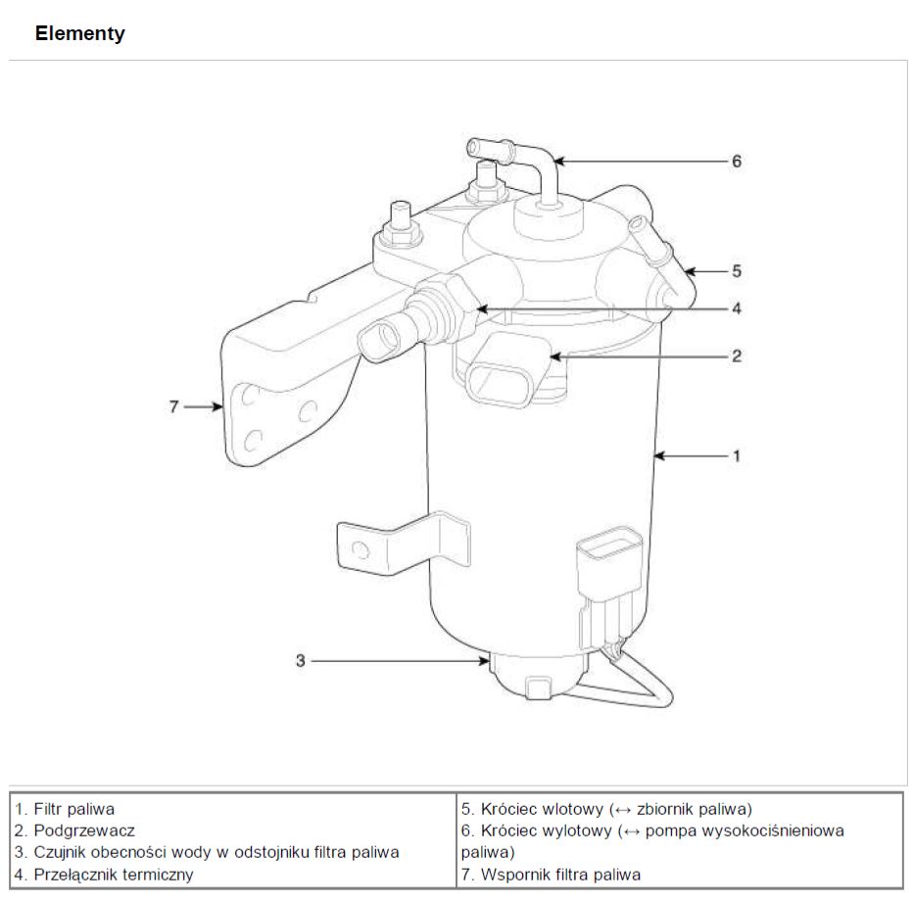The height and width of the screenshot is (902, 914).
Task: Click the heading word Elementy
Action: [80, 33]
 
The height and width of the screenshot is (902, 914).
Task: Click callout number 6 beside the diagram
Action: [737, 162]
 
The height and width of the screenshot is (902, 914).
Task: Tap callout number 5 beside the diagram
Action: [737, 271]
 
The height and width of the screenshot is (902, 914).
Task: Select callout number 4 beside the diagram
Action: [737, 309]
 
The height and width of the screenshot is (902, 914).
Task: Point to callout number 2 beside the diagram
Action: [737, 356]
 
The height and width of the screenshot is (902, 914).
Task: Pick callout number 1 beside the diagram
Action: [737, 455]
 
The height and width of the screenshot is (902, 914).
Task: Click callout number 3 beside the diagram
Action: [300, 661]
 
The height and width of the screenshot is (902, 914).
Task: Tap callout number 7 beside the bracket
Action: [173, 406]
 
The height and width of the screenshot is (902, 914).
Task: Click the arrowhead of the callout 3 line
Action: [484, 661]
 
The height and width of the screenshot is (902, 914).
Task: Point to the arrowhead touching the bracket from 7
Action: [217, 406]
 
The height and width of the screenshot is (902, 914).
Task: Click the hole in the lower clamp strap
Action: [361, 549]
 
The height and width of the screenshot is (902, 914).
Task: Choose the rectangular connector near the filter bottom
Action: [608, 559]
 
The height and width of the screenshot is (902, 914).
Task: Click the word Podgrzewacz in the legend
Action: [84, 831]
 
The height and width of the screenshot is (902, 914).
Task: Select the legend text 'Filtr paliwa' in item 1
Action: [74, 809]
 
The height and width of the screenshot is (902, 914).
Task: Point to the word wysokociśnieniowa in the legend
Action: [745, 831]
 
